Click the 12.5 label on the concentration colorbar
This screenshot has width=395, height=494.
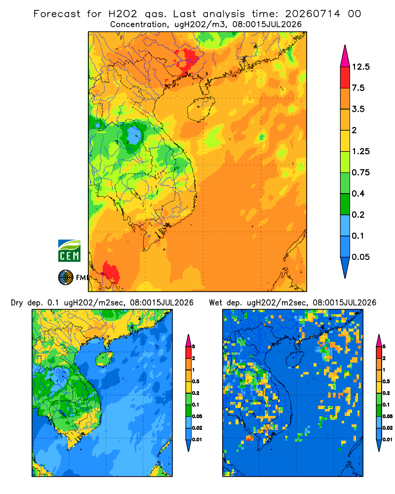(360, 67)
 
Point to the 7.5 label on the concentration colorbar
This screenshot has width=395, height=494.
(358, 87)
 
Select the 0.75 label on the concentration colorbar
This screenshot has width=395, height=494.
(360, 172)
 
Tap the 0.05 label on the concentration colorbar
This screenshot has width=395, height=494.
(360, 257)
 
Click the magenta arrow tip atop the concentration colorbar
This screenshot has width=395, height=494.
(345, 56)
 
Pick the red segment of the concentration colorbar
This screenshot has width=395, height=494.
(345, 77)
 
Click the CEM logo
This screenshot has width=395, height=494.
(69, 250)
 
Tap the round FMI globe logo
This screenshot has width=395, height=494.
(66, 278)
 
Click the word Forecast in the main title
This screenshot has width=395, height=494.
(57, 14)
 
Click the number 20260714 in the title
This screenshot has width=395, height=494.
(313, 14)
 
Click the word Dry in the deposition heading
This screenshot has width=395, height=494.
(17, 303)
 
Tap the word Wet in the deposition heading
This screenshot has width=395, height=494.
(216, 303)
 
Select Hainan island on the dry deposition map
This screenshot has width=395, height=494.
(105, 359)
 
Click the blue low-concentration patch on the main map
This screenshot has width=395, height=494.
(134, 135)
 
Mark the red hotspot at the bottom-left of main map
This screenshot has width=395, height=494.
(110, 272)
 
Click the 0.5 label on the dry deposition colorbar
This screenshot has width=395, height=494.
(196, 381)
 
